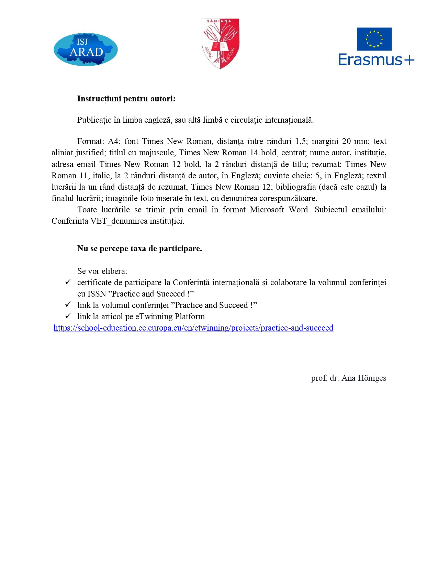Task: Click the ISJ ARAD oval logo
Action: [86, 49]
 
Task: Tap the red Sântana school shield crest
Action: [220, 43]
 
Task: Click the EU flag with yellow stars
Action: [374, 39]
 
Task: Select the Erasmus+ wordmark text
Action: [376, 59]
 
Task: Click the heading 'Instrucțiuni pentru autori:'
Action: [126, 99]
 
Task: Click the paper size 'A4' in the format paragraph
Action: [113, 141]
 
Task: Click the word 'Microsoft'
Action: [267, 210]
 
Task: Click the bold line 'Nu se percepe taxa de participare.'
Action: [139, 248]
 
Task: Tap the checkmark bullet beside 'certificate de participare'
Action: [68, 282]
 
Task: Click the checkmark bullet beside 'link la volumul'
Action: [68, 304]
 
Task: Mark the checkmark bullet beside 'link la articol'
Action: [68, 316]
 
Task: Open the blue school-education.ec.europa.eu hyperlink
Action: [193, 328]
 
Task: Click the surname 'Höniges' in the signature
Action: [372, 378]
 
